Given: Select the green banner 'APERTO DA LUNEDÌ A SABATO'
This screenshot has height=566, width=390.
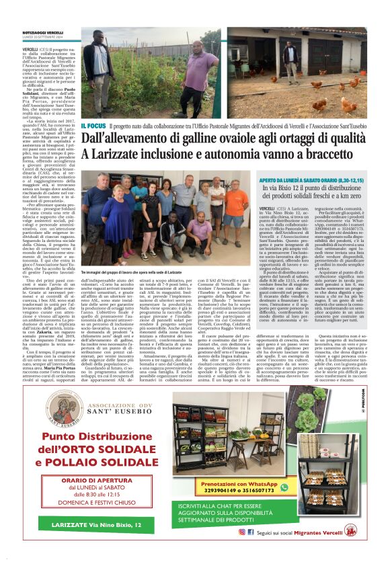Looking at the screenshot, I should coord(312,181).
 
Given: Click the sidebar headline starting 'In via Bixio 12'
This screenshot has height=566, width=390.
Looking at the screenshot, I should coord(312,194).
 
